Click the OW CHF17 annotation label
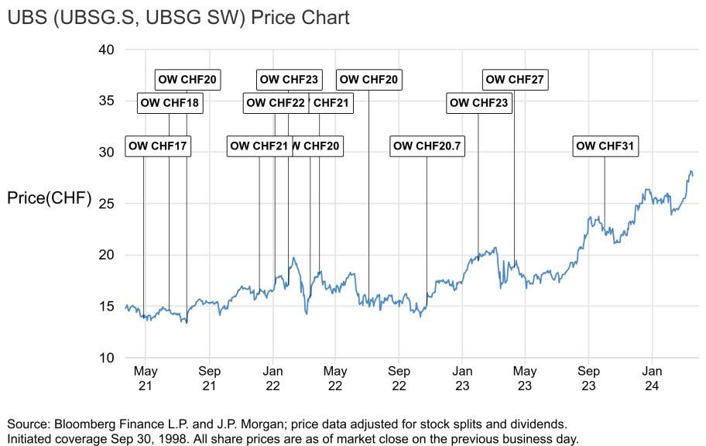tap(157, 146)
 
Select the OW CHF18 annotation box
tap(170, 102)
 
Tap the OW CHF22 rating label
tap(275, 102)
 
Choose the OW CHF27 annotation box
tap(515, 79)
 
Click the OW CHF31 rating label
tap(605, 146)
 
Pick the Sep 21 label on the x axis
tap(208, 379)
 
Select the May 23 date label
tap(525, 379)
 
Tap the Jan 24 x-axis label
tap(651, 379)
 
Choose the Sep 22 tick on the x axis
tap(399, 379)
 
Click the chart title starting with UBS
tap(178, 17)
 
